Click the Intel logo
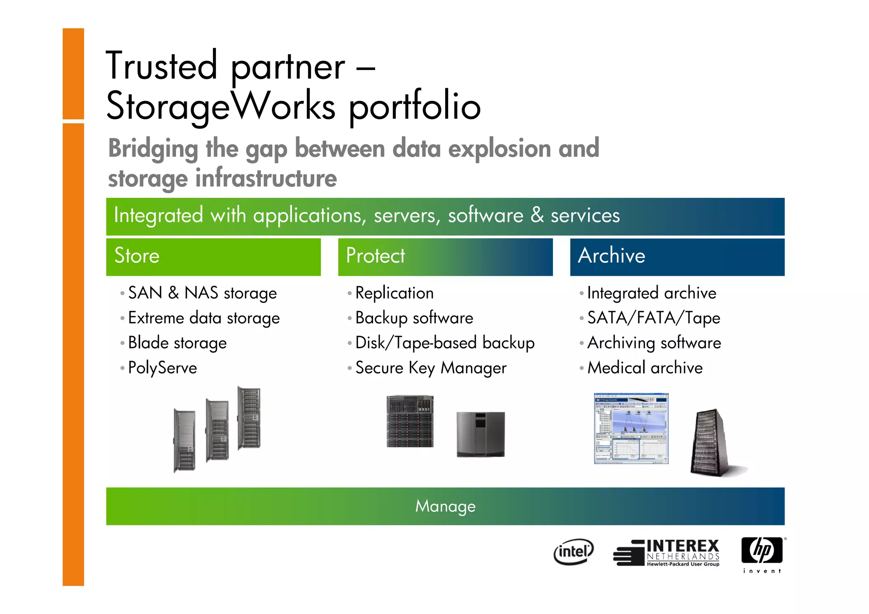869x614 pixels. click(573, 552)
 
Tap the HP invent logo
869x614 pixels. click(762, 554)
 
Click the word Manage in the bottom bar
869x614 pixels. click(445, 506)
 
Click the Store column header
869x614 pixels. click(137, 256)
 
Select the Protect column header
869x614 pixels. click(376, 256)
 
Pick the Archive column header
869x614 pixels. click(611, 256)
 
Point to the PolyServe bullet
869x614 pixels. click(163, 368)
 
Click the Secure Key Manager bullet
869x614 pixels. click(431, 368)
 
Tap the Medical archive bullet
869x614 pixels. click(645, 368)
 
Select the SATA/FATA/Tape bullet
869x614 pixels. click(653, 318)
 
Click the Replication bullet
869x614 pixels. click(394, 293)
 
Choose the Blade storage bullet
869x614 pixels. click(177, 343)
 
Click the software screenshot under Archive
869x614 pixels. click(631, 428)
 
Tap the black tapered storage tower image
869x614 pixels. click(711, 443)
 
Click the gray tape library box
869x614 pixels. click(481, 434)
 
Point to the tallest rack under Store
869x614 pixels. click(249, 418)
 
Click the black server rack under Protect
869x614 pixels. click(410, 421)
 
